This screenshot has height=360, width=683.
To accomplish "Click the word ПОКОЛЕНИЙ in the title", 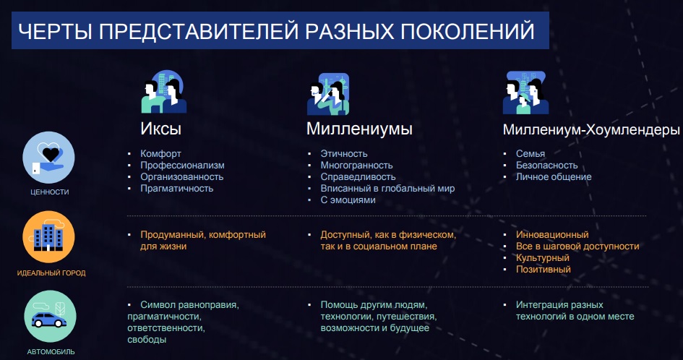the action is (x=467, y=31).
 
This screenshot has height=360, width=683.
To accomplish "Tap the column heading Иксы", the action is (x=160, y=129).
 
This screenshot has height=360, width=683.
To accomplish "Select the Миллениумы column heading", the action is (x=359, y=129).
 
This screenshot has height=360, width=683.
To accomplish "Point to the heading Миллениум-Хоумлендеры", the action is (x=591, y=129).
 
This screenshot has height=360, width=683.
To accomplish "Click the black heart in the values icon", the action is (x=50, y=154).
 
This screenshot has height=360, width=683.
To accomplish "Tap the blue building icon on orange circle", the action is (x=48, y=238).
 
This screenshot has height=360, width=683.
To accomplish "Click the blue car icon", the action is (x=49, y=320).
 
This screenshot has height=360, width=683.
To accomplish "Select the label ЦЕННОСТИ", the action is (x=50, y=192).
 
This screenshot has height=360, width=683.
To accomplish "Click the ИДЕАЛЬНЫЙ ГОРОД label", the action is (x=51, y=273).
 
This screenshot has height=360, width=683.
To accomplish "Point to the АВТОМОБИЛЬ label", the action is (x=51, y=352).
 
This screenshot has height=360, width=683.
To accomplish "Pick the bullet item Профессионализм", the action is (x=183, y=166).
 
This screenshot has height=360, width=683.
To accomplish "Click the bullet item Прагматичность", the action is (x=177, y=188).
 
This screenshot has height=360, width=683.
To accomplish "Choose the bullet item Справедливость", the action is (x=358, y=176).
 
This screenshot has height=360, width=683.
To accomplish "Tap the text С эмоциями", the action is (x=348, y=200).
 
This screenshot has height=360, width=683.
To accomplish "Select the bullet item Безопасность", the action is (x=546, y=166).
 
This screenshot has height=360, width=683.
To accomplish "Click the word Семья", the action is (x=530, y=153).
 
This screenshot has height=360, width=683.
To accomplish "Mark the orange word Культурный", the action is (x=543, y=257).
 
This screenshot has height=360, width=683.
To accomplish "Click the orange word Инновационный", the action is (x=552, y=234).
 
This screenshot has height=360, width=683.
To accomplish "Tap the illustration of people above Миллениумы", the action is (x=328, y=94).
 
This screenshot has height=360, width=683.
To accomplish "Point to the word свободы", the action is (x=147, y=340).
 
